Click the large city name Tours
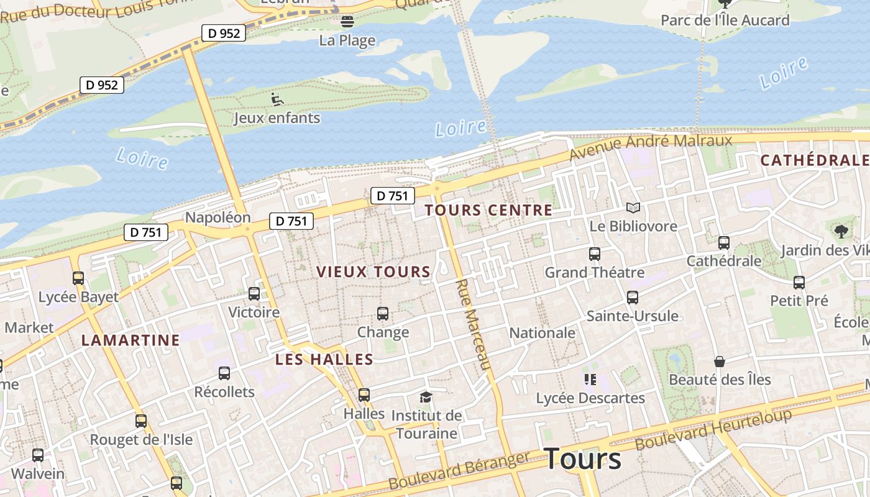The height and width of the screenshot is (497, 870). point(582,459)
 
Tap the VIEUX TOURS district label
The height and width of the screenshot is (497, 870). point(373,271)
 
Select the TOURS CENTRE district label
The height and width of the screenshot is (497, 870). point(488,210)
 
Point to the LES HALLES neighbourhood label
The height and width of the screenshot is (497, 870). point(324,359)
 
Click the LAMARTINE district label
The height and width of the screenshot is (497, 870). point(130,340)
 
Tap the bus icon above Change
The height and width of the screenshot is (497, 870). point(383,314)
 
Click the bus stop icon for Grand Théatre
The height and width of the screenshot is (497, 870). point(595,254)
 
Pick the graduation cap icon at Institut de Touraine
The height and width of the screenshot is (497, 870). point(426,397)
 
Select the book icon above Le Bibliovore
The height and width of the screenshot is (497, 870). point(633,207)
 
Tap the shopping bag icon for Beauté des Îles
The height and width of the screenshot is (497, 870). point(719,362)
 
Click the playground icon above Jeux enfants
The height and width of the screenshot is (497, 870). point(277,99)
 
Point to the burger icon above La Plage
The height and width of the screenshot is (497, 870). point(347,22)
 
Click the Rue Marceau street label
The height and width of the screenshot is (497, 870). point(474,324)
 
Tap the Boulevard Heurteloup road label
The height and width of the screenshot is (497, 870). point(713,430)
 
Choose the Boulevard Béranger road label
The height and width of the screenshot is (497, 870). point(459,471)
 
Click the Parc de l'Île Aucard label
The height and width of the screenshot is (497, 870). point(725,20)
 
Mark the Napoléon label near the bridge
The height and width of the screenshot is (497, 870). point(217,217)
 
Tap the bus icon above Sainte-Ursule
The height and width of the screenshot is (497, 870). point(633,298)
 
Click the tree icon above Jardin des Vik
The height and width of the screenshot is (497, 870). point(841,232)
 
